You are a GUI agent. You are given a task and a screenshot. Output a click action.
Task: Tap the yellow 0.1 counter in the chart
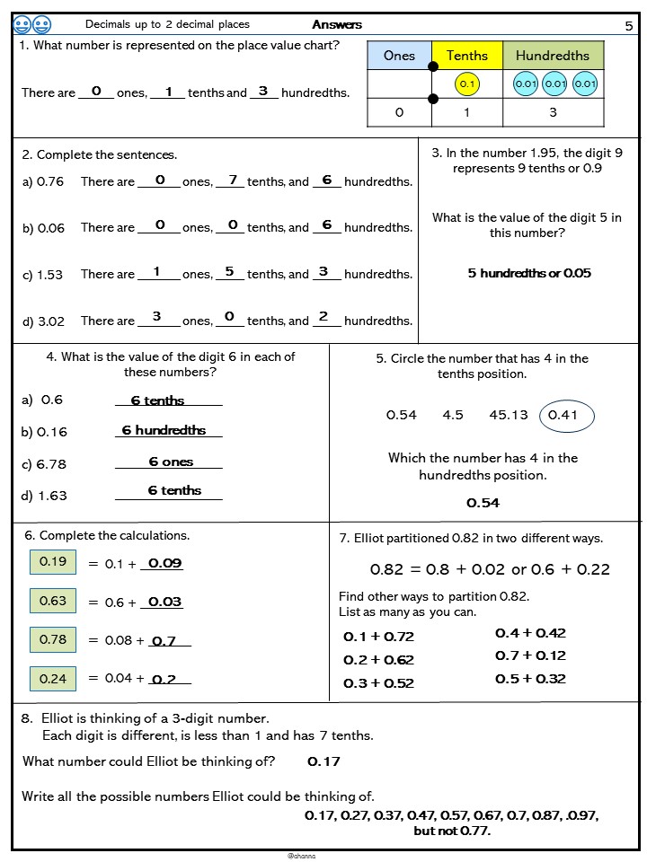click(466, 84)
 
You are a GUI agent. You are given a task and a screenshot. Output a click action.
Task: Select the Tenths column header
click(466, 56)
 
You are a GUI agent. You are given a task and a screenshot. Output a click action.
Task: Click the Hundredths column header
click(553, 56)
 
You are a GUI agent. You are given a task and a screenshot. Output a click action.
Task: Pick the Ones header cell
click(399, 56)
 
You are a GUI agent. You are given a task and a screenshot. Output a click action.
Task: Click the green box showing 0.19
click(53, 562)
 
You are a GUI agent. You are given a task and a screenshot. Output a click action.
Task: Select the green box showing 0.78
click(53, 639)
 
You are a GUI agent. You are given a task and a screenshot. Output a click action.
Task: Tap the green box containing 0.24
click(53, 678)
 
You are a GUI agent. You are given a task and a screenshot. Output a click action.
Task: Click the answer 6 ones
click(171, 462)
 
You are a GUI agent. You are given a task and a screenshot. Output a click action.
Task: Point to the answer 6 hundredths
click(164, 430)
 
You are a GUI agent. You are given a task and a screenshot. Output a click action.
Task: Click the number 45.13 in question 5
click(509, 415)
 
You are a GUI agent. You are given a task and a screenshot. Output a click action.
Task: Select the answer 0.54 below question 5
click(483, 503)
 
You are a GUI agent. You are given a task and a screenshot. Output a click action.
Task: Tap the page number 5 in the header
click(628, 25)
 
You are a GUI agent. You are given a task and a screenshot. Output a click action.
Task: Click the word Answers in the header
click(337, 24)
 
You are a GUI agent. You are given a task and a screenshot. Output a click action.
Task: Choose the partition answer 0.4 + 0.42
click(530, 633)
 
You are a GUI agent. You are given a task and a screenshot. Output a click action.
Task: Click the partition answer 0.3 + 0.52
click(378, 683)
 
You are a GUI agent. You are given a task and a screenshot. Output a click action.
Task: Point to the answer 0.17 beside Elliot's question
click(323, 761)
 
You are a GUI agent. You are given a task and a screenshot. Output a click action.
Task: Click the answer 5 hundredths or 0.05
click(529, 273)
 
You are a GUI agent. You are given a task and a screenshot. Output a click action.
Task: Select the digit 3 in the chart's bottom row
click(553, 112)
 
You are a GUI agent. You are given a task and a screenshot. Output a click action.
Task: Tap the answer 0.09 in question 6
click(164, 563)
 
